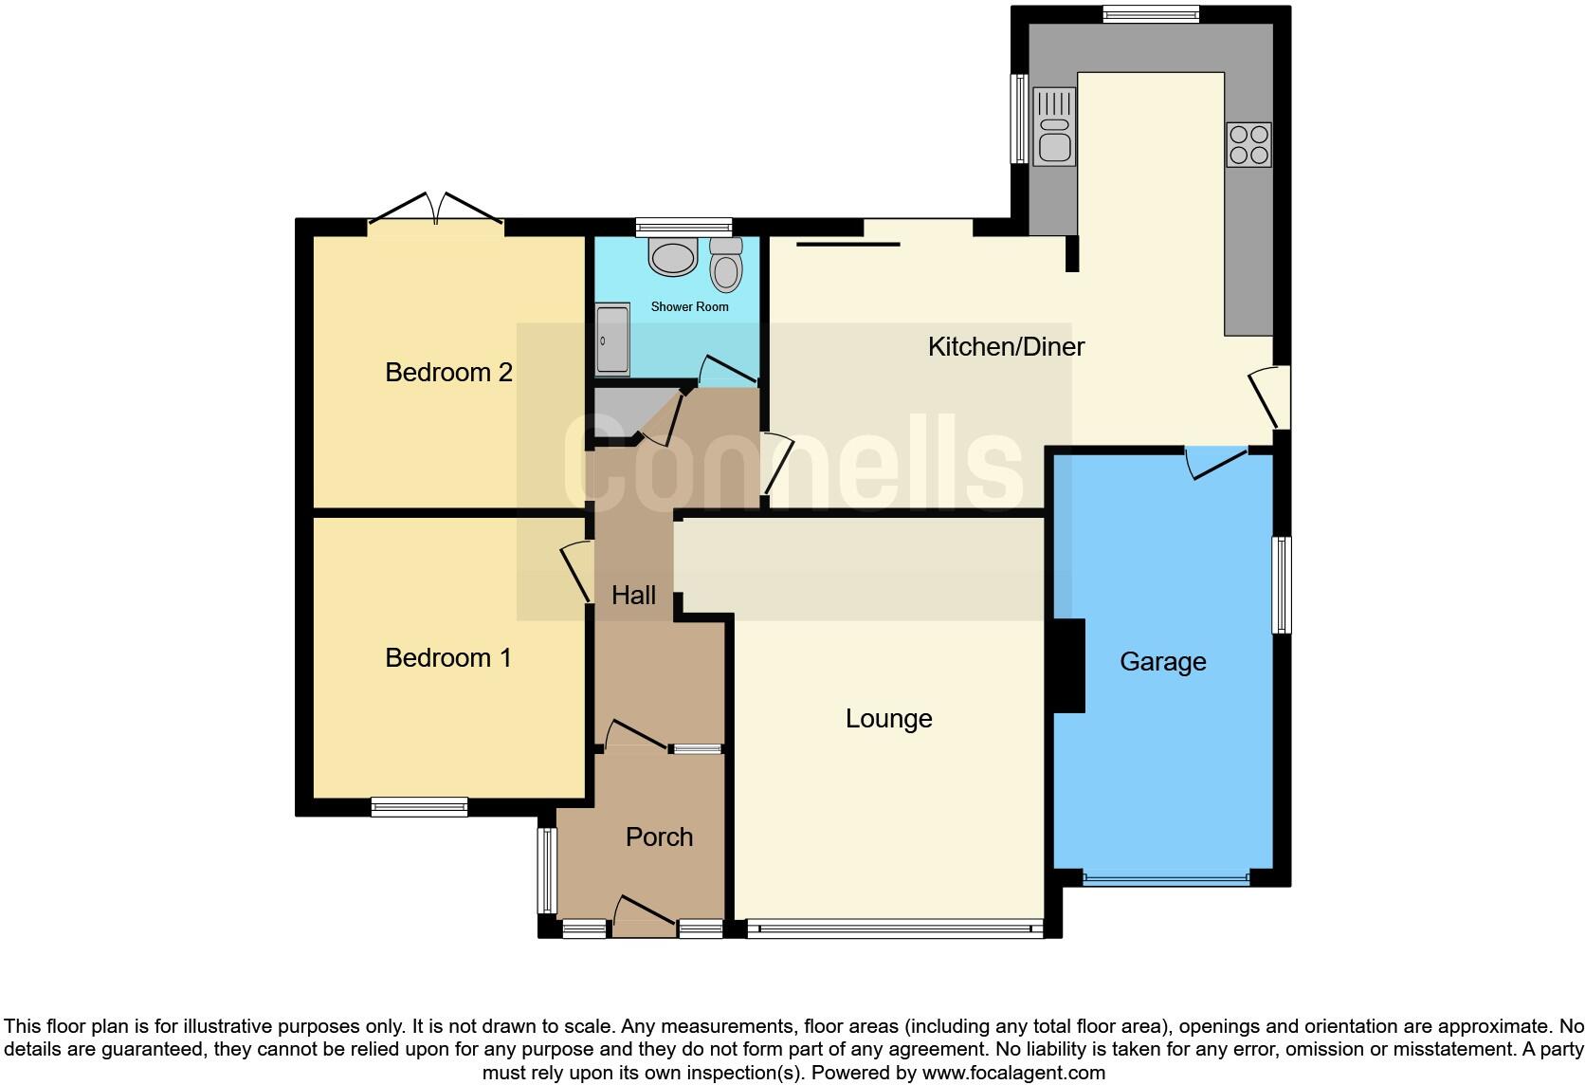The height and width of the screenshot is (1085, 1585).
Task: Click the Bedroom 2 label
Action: tap(448, 372)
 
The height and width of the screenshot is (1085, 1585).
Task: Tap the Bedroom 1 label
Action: tap(448, 657)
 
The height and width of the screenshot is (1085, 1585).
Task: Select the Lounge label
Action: tap(888, 719)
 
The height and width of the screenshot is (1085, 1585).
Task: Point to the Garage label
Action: tap(1162, 661)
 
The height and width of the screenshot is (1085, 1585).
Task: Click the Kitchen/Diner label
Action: tap(1006, 347)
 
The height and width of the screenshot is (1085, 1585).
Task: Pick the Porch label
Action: tap(659, 837)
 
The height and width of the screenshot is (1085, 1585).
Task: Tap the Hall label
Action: tap(633, 596)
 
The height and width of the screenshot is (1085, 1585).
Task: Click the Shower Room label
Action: tap(689, 307)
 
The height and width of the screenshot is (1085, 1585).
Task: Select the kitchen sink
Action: tap(1054, 126)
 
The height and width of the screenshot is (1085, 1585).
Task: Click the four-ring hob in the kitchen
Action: tap(1248, 145)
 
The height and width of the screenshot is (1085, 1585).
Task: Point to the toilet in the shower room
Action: tap(726, 264)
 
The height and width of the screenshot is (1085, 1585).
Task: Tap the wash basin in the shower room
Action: tap(673, 257)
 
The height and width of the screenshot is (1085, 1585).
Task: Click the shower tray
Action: tap(612, 340)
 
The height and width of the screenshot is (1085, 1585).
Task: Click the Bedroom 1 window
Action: tap(419, 807)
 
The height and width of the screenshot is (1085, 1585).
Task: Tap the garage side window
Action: tap(1281, 584)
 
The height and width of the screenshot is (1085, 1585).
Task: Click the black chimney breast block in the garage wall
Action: tap(1069, 665)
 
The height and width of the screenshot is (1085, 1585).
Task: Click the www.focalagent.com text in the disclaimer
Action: tap(1013, 1074)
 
